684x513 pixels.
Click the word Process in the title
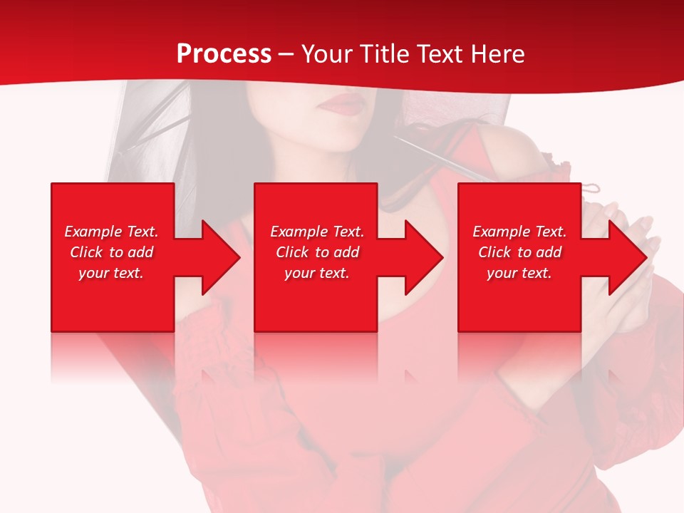tap(224, 54)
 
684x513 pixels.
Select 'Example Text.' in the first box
tap(111, 232)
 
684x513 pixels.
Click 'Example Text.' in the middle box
tap(317, 232)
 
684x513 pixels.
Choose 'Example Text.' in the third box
tap(519, 232)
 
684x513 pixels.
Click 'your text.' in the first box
tap(111, 273)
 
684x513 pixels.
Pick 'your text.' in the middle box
tap(317, 273)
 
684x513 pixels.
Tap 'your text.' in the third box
tap(519, 273)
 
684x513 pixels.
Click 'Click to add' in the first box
tap(111, 252)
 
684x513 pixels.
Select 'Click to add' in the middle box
tap(317, 252)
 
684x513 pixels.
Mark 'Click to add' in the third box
tap(519, 252)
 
